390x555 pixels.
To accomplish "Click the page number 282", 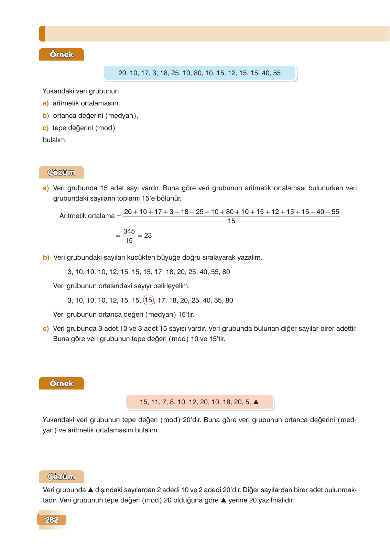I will pyautogui.click(x=52, y=520).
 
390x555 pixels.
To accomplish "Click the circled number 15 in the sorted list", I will pyautogui.click(x=148, y=300).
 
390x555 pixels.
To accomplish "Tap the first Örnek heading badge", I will pyautogui.click(x=61, y=54).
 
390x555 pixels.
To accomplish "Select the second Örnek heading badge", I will pyautogui.click(x=61, y=383).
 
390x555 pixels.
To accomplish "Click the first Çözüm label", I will pyautogui.click(x=61, y=172).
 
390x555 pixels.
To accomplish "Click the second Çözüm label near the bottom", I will pyautogui.click(x=61, y=477).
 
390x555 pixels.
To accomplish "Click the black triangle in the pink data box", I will pyautogui.click(x=256, y=402).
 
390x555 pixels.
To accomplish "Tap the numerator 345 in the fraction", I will pyautogui.click(x=129, y=231).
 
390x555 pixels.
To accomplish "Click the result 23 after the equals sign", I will pyautogui.click(x=148, y=236).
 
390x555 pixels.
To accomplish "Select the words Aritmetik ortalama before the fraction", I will pyautogui.click(x=87, y=216).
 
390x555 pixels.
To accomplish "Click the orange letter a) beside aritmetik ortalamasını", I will pyautogui.click(x=46, y=103).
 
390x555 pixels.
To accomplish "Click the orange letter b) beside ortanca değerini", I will pyautogui.click(x=46, y=116).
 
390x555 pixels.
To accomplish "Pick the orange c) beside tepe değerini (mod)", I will pyautogui.click(x=46, y=128).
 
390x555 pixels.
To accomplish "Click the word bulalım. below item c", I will pyautogui.click(x=55, y=140).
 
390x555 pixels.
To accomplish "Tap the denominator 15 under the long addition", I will pyautogui.click(x=231, y=221).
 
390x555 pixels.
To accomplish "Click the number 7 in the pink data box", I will pyautogui.click(x=164, y=402).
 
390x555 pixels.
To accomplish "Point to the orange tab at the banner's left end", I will pyautogui.click(x=42, y=34).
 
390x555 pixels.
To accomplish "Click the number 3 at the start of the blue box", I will pyautogui.click(x=154, y=73).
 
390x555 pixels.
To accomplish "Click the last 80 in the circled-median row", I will pyautogui.click(x=229, y=301).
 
